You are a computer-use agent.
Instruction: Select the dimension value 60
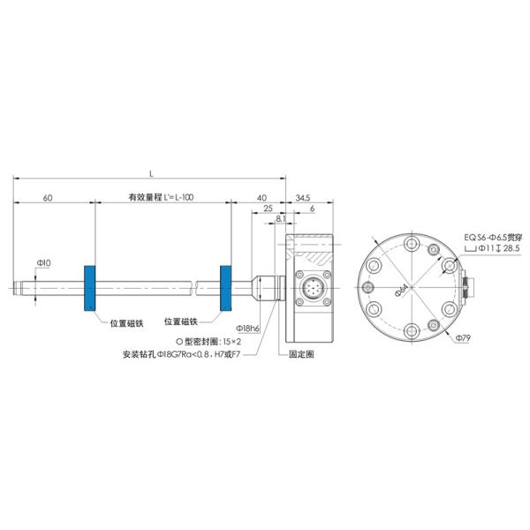click(x=47, y=199)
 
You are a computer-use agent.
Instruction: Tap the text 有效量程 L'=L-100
click(x=162, y=199)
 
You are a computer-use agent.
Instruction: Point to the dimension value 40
click(x=261, y=199)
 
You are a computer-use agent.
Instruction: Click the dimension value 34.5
click(x=302, y=199)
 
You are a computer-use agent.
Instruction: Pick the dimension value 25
click(x=267, y=209)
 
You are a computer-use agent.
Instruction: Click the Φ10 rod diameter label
click(x=43, y=263)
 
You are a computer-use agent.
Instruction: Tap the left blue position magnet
click(x=89, y=288)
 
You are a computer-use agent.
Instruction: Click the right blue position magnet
click(x=225, y=288)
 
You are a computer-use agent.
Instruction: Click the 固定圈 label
click(x=301, y=352)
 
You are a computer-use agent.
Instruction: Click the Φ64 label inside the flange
click(x=399, y=290)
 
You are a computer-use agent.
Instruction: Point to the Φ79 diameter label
click(x=462, y=338)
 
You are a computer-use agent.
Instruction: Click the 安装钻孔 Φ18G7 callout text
click(x=184, y=352)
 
